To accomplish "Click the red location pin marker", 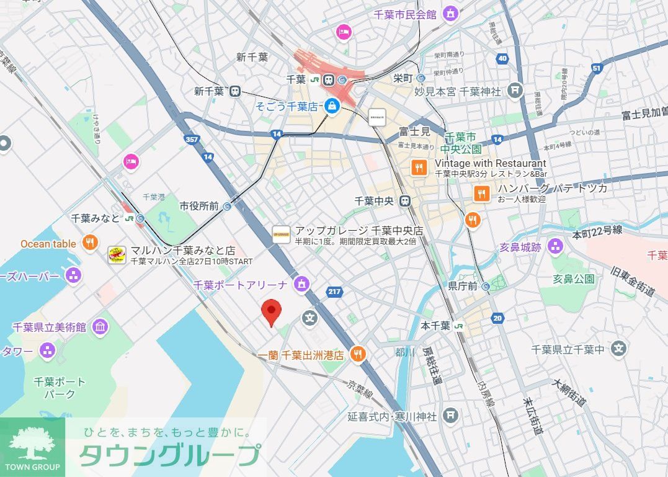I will tap(270, 311).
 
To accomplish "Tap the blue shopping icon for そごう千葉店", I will tap(332, 107).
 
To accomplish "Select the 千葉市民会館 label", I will tap(405, 14).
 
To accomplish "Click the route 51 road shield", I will tap(597, 68).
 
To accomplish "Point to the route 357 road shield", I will tap(192, 140).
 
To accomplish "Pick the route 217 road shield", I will tap(334, 292).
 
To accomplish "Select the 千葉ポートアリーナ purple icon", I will tap(301, 285).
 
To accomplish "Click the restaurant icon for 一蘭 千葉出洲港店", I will tap(357, 354).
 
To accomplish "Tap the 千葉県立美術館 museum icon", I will tap(100, 327).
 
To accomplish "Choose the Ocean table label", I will tap(48, 244).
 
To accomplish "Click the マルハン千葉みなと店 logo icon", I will tap(117, 255).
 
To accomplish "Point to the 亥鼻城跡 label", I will tap(520, 247).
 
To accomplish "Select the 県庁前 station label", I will tap(462, 286).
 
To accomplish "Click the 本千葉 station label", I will tap(435, 326).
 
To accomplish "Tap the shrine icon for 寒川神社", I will tap(452, 415).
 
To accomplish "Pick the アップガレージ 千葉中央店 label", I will tap(358, 230).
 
